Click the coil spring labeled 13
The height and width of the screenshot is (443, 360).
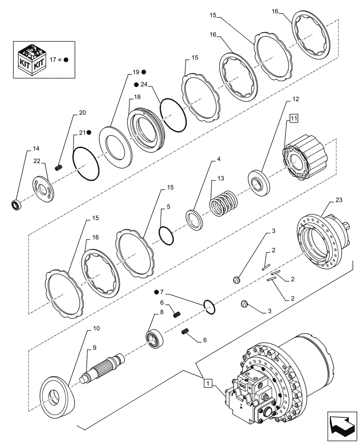(x=223, y=203)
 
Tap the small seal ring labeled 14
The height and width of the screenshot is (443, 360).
(x=16, y=205)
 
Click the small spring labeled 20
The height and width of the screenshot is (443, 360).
(x=59, y=167)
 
